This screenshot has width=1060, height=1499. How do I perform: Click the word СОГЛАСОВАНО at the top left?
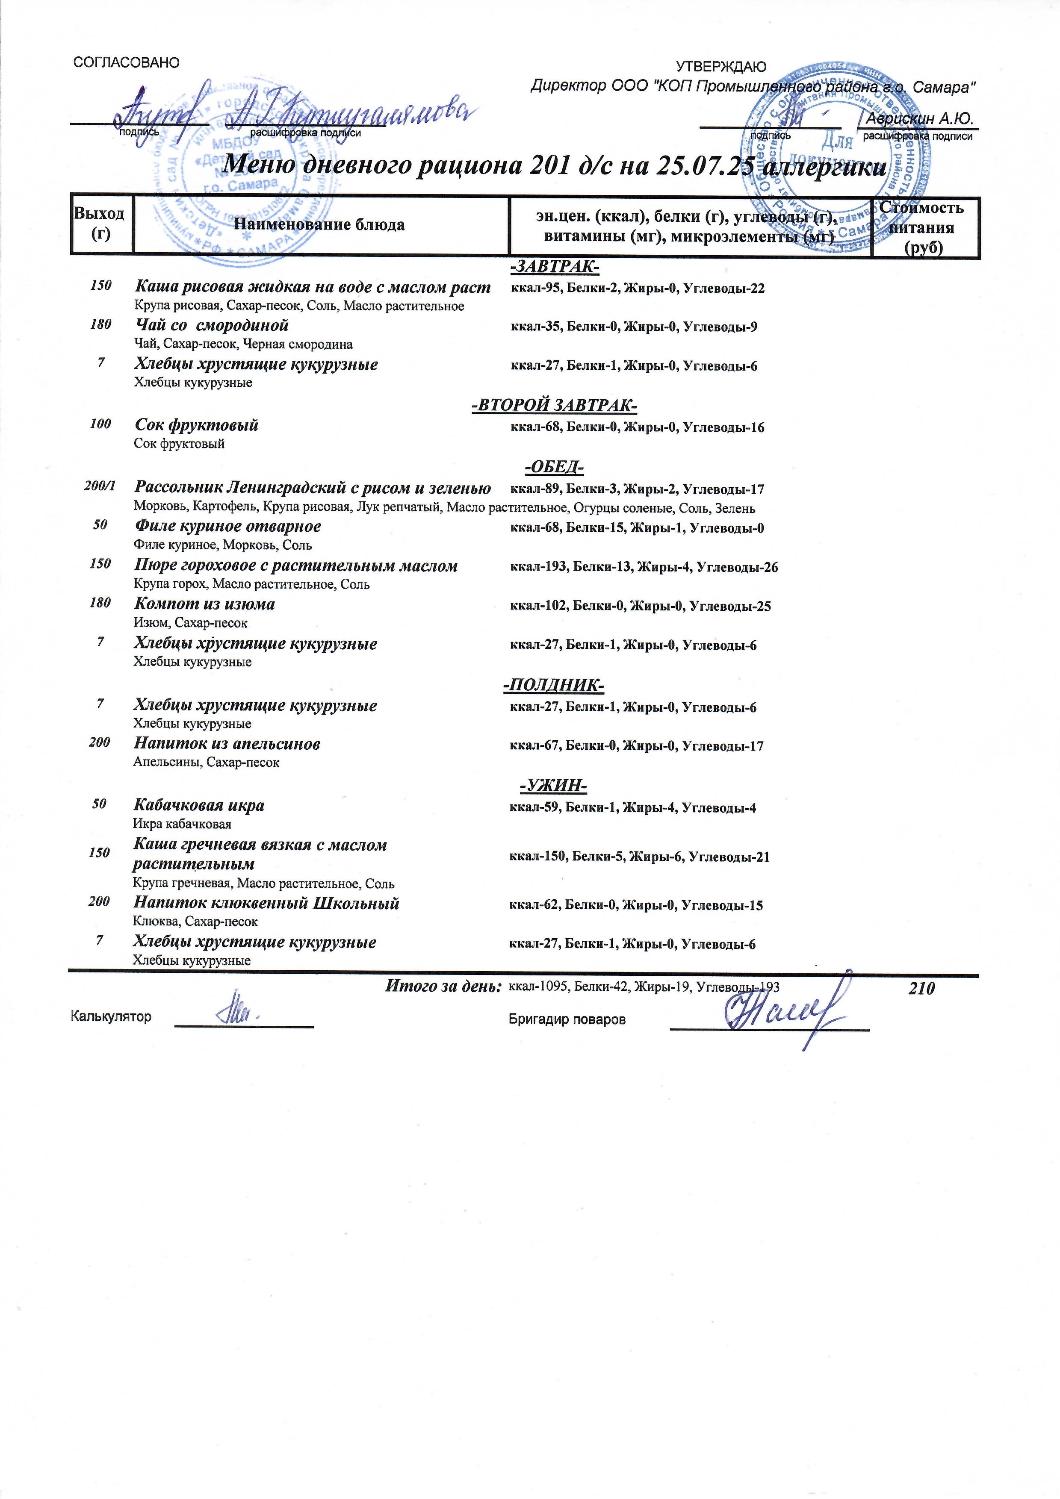tap(127, 63)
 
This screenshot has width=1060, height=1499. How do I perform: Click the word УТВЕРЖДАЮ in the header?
tap(720, 67)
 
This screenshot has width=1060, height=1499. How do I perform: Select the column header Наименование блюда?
tap(319, 225)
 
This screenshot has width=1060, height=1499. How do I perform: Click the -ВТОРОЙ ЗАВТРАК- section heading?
tap(554, 406)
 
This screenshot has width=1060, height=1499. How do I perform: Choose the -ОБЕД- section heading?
tap(554, 468)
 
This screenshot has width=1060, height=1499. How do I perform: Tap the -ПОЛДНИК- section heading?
tap(554, 686)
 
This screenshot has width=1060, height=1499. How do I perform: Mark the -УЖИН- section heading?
tap(553, 786)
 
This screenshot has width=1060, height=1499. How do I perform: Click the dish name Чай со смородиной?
tap(212, 326)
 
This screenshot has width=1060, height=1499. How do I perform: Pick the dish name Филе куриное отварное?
tap(228, 526)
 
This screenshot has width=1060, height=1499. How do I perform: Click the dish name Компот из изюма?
tap(204, 604)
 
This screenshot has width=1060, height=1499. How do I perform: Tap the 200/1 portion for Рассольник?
tap(100, 487)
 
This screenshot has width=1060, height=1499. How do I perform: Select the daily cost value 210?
tap(921, 989)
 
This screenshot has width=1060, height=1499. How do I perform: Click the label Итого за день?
tap(443, 987)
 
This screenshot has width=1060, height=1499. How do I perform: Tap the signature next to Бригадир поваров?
tap(777, 1014)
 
